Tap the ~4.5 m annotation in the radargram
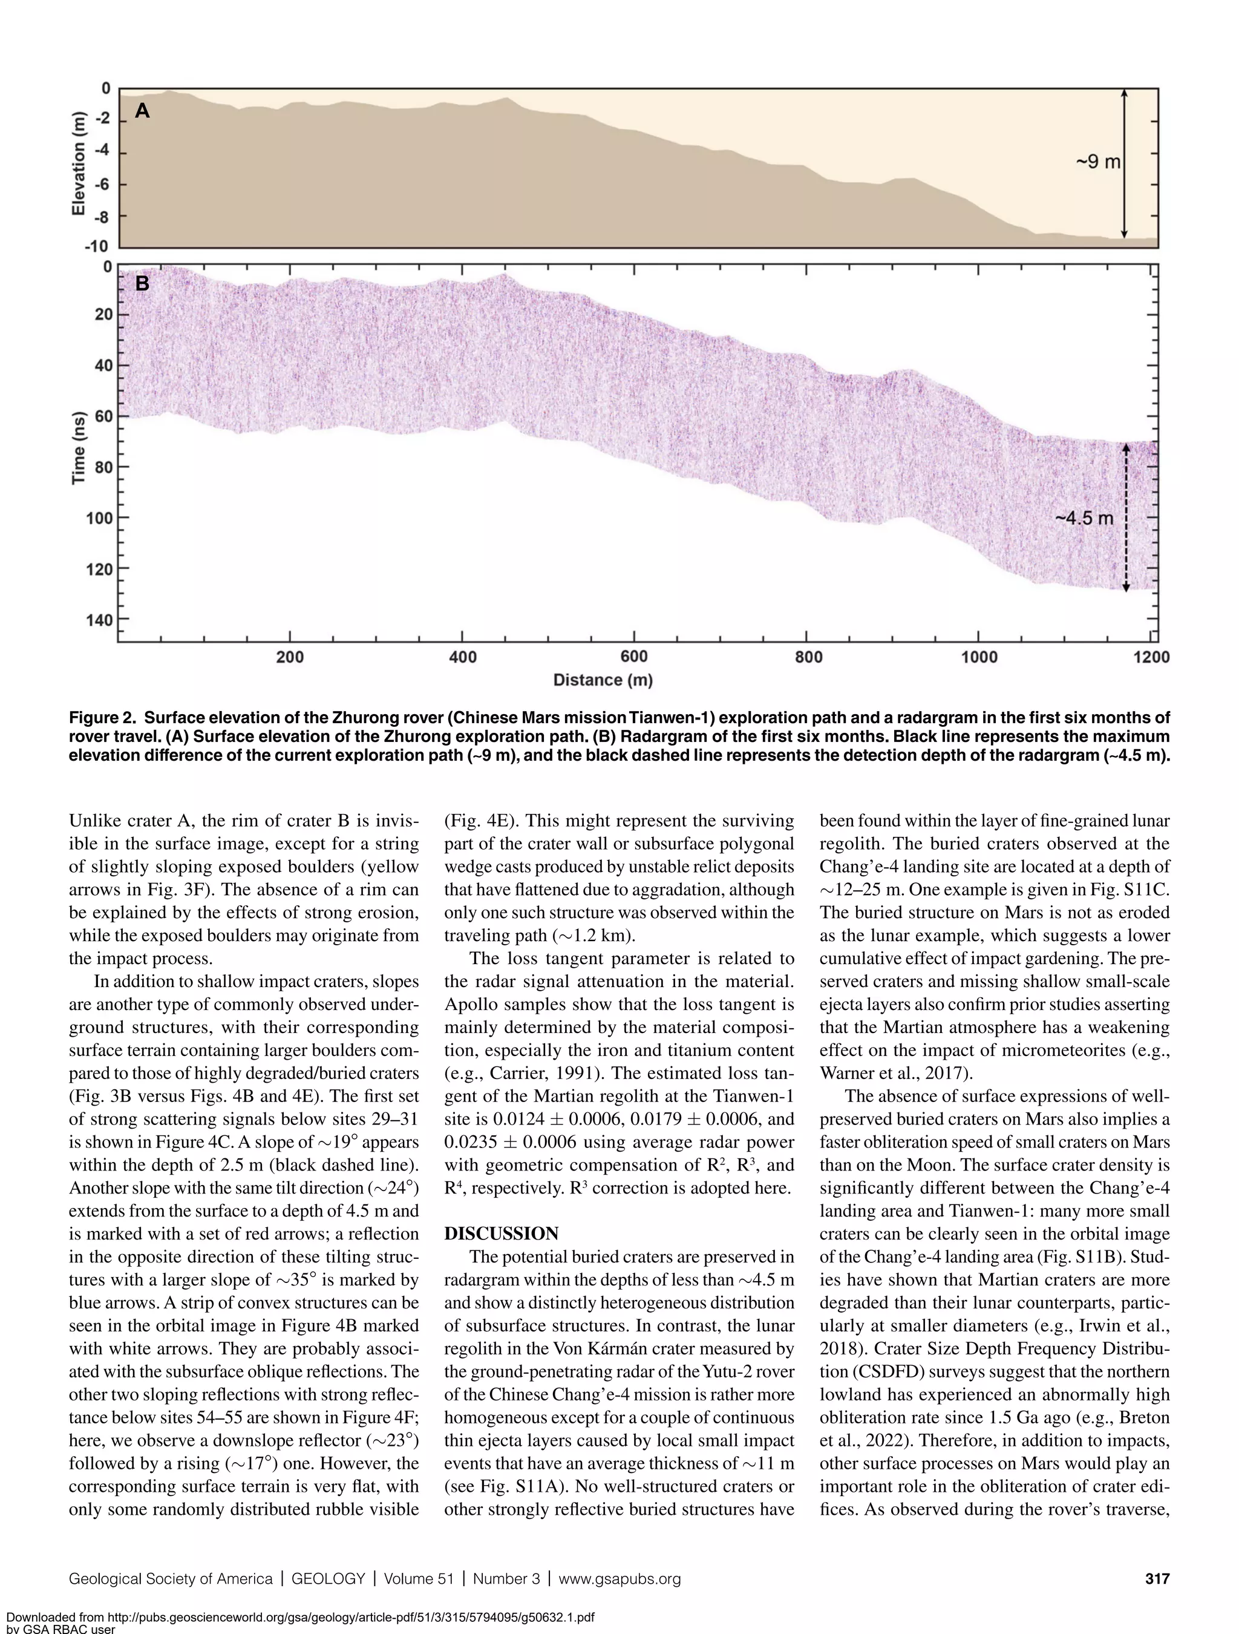click(x=1083, y=518)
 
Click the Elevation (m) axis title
click(x=78, y=164)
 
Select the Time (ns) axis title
click(x=78, y=448)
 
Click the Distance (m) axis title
click(x=603, y=680)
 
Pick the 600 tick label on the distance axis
click(x=633, y=657)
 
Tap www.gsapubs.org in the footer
click(x=619, y=1578)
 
